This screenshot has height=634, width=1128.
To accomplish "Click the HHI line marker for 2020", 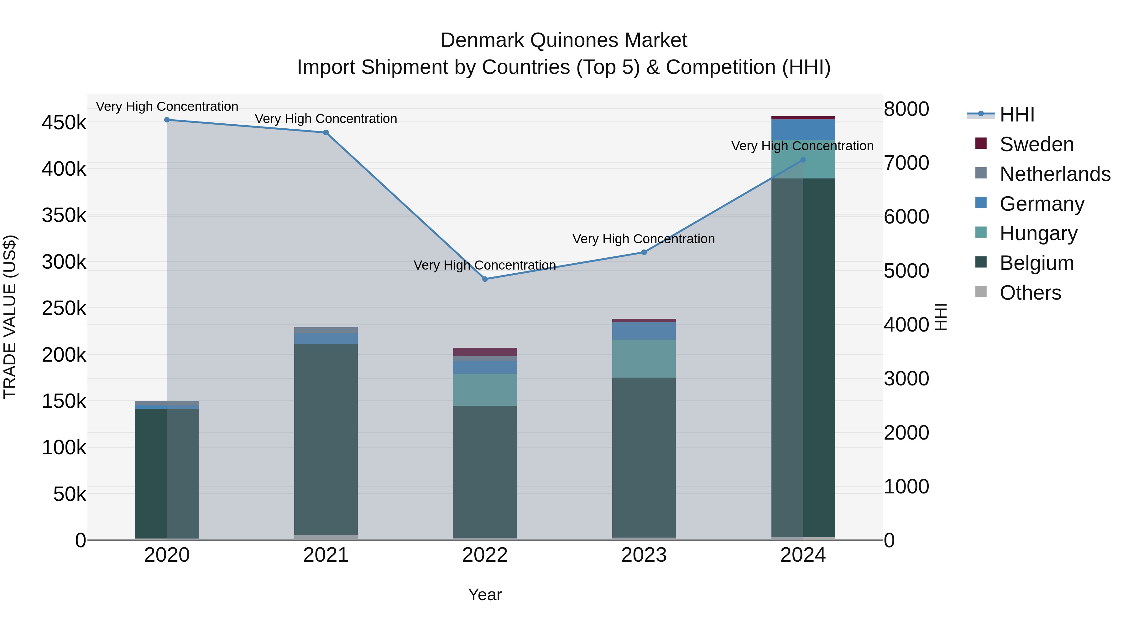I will (x=167, y=120).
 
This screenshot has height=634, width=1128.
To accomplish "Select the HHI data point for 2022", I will (x=485, y=279).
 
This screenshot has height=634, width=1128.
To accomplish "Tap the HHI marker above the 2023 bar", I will (x=644, y=252).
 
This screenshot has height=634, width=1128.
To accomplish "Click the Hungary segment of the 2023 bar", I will (x=644, y=359).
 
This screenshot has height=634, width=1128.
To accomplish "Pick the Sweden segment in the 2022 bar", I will (x=485, y=352).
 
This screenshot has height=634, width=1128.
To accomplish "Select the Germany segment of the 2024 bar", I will (x=803, y=130).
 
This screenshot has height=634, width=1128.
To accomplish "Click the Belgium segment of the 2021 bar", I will (x=326, y=438).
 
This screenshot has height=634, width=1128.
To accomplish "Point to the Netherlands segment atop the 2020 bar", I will (x=167, y=403).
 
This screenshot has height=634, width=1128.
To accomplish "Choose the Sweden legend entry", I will (x=1036, y=144).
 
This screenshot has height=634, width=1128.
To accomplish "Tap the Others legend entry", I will (x=1030, y=293).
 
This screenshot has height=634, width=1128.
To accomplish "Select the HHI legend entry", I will (x=1017, y=115).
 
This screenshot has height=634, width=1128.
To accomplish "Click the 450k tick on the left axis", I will (x=64, y=123).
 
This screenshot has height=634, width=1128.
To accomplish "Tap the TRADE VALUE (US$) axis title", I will (x=10, y=317).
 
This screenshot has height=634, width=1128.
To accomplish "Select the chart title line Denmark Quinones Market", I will (x=564, y=40).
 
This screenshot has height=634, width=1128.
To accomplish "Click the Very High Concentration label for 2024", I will (x=802, y=146).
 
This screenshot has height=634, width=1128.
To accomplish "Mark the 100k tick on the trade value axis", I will (x=64, y=448).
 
